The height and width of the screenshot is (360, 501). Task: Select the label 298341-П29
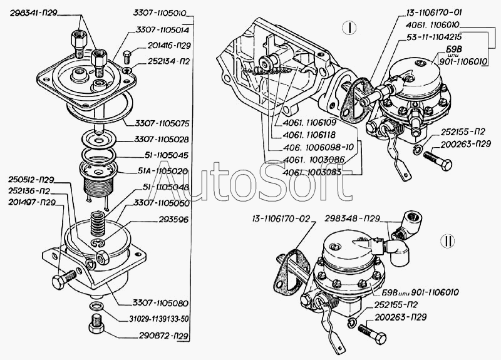click(33, 13)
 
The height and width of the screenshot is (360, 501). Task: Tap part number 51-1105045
click(165, 155)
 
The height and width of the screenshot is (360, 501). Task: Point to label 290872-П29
click(163, 336)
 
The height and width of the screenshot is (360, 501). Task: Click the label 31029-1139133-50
click(154, 319)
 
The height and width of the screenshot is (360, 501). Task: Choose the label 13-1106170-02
click(281, 219)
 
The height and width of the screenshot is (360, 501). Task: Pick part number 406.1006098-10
click(319, 147)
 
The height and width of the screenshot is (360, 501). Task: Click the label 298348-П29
click(353, 219)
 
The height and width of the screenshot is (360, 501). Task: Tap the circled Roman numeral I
click(349, 28)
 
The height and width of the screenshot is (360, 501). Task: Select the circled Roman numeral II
click(447, 241)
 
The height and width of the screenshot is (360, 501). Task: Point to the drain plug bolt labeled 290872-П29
click(96, 324)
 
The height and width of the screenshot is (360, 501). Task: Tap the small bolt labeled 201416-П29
click(127, 57)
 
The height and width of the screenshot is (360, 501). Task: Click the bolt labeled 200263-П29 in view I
click(438, 160)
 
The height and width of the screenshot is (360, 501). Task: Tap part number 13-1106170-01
click(434, 13)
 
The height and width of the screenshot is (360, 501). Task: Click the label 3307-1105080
click(161, 303)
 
